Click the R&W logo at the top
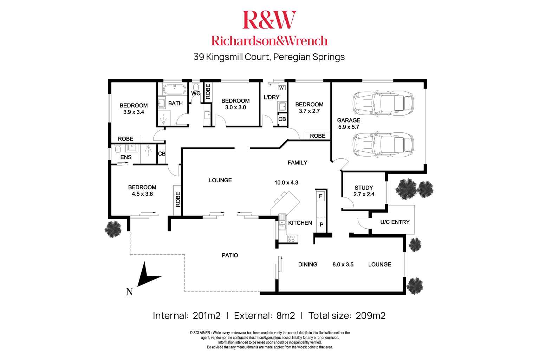point(269,20)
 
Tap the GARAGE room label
point(349,120)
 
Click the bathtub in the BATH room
point(175,89)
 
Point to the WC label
point(196,93)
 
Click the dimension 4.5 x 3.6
point(142,194)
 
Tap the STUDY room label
point(364,188)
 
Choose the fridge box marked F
point(320,196)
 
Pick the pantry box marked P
point(321,224)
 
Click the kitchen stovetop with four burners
point(292,238)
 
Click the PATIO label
point(230,255)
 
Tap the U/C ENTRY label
point(395,222)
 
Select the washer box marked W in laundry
point(282,87)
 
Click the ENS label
point(126,157)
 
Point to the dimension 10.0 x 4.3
point(286,182)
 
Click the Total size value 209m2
point(370,315)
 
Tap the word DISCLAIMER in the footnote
point(200,333)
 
